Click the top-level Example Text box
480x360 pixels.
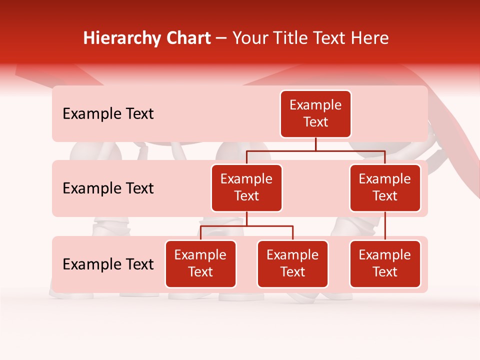pyautogui.click(x=315, y=114)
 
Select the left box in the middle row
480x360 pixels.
pyautogui.click(x=246, y=188)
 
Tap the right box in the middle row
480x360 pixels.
pyautogui.click(x=385, y=188)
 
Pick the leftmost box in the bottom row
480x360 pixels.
pyautogui.click(x=200, y=264)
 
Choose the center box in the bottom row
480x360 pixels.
pyautogui.click(x=292, y=264)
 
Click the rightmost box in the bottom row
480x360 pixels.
pyautogui.click(x=385, y=264)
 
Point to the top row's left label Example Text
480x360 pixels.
pyautogui.click(x=108, y=114)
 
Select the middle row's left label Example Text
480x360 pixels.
pyautogui.click(x=108, y=188)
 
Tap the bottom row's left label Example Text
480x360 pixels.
pyautogui.click(x=108, y=264)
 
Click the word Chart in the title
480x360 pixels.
pyautogui.click(x=186, y=38)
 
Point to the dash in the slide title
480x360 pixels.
pyautogui.click(x=221, y=39)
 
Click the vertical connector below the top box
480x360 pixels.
pyautogui.click(x=315, y=144)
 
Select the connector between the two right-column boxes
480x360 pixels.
pyautogui.click(x=385, y=226)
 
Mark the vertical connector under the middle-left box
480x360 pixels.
pyautogui.click(x=246, y=219)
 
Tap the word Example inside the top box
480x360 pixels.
pyautogui.click(x=315, y=105)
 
